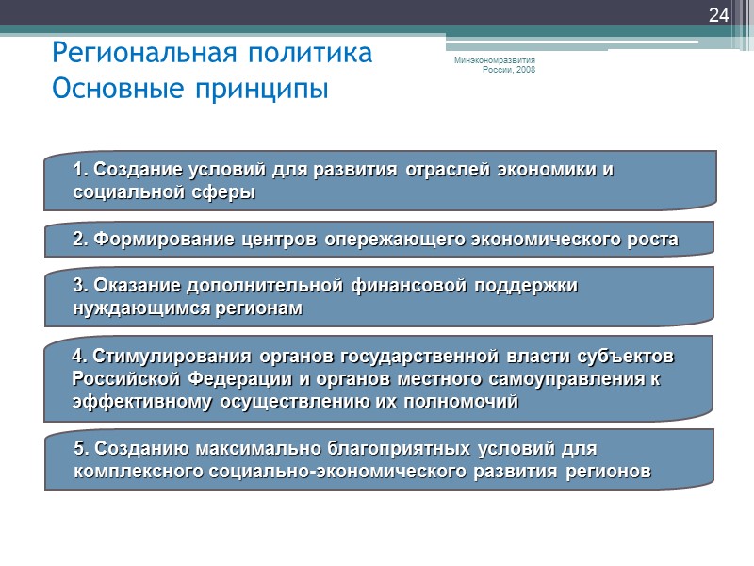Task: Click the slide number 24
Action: click(718, 15)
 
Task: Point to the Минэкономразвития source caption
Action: click(496, 62)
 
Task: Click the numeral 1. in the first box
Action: click(79, 170)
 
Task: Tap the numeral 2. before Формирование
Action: click(79, 240)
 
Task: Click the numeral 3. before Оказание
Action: click(79, 285)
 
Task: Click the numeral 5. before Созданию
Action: click(79, 447)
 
